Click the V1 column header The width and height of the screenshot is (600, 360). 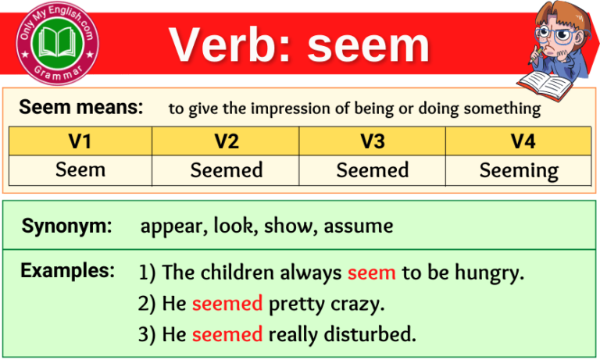80,141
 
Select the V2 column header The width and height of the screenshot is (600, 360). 227,141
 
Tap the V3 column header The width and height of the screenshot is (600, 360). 373,141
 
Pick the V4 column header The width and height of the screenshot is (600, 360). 519,141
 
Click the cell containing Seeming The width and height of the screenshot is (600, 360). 519,170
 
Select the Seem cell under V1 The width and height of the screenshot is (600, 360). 80,170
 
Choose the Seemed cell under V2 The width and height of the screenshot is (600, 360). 227,170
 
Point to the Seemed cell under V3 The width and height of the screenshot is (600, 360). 373,170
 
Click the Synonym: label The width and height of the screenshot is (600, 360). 66,226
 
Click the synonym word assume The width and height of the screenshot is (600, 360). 359,227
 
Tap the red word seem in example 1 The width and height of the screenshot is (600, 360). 372,273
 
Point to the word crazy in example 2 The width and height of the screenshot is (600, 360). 356,304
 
